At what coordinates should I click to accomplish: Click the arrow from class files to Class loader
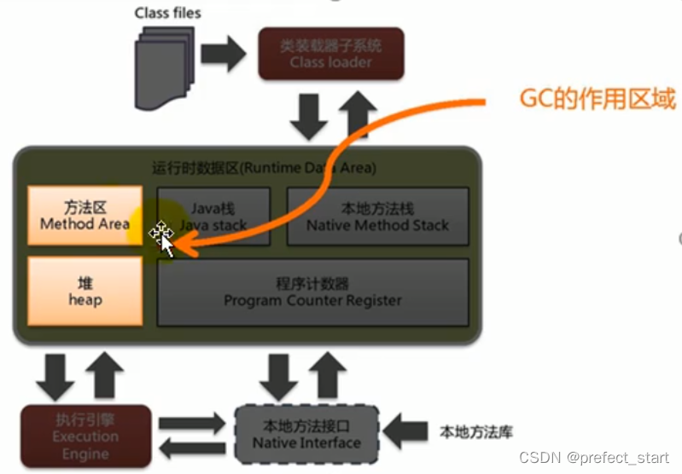224,55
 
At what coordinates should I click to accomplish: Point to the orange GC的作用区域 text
597,99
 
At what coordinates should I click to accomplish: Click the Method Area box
85,216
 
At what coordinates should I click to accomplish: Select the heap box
85,292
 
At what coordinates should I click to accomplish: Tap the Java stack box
213,217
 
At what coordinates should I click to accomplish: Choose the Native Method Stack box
377,217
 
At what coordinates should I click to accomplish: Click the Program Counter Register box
312,292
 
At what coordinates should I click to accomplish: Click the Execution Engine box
85,435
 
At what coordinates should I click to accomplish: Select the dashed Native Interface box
306,435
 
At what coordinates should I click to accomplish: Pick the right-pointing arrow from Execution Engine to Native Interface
194,423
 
